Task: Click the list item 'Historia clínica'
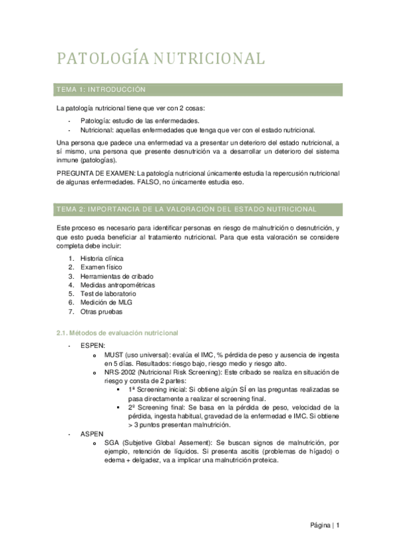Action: [x=102, y=258]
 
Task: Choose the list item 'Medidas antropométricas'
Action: [x=117, y=285]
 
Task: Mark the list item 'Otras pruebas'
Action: [x=101, y=312]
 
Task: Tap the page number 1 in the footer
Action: [x=338, y=526]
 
